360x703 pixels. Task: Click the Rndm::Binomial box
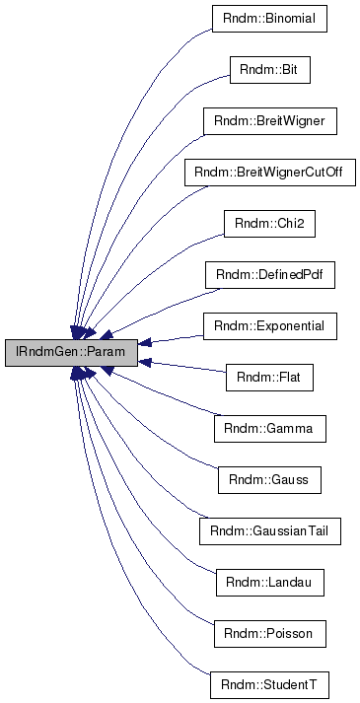click(x=269, y=18)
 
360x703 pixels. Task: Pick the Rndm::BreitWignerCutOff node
click(x=269, y=172)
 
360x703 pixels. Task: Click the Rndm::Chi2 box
click(x=269, y=223)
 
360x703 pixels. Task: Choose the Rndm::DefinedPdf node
click(x=269, y=274)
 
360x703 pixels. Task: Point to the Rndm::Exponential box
click(x=269, y=325)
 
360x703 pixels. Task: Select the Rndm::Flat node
click(x=269, y=377)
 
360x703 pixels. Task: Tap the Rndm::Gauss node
click(x=269, y=479)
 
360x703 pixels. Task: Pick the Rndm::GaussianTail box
click(x=269, y=530)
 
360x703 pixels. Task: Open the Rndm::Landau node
click(x=269, y=582)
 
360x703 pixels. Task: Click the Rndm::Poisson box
click(x=269, y=633)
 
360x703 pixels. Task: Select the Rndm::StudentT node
click(x=269, y=684)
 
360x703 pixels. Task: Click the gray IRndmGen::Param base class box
click(x=71, y=352)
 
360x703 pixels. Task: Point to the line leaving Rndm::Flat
click(x=187, y=367)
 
